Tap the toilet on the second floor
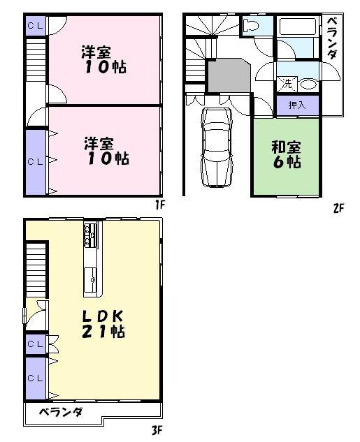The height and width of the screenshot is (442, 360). point(251,27)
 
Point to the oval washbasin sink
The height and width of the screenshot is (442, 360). point(308,84)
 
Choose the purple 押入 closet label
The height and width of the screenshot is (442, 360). point(296,105)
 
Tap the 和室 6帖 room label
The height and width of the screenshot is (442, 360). point(286,154)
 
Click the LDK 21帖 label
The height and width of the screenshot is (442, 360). point(103,323)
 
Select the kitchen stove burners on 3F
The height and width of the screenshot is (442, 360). point(90,235)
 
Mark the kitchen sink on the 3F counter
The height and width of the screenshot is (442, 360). point(90,281)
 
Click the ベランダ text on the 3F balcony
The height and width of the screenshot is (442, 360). point(61,412)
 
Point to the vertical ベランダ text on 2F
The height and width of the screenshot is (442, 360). point(332,38)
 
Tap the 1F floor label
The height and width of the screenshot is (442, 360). point(159,205)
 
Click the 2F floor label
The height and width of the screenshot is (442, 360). point(338,208)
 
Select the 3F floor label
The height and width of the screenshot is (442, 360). point(158,430)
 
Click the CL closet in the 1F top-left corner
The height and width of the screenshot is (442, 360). point(35,25)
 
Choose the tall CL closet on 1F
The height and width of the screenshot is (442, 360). point(35,161)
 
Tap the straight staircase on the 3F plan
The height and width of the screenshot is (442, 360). point(35,269)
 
